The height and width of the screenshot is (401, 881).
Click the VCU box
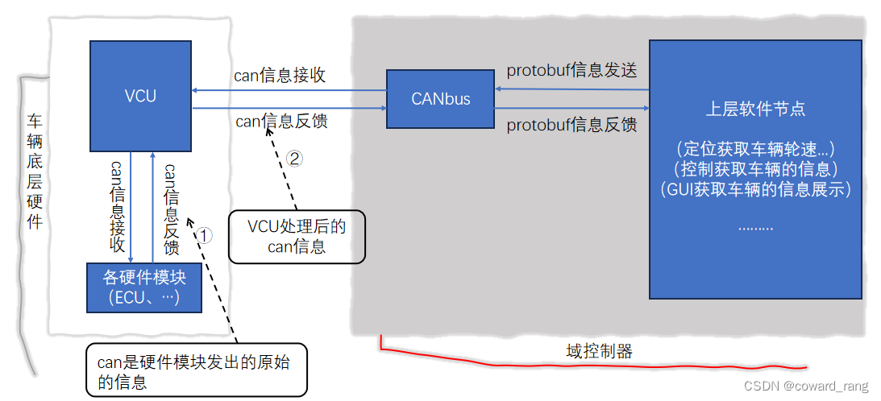click(x=140, y=97)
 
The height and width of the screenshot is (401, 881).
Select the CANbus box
click(x=440, y=99)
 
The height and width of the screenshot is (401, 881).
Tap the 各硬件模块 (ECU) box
click(x=144, y=287)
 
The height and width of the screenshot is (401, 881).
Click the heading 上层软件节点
click(x=755, y=109)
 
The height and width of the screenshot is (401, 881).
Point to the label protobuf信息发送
click(x=571, y=71)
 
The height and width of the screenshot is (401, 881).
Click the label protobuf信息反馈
click(x=571, y=125)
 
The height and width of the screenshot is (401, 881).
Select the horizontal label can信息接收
click(x=280, y=76)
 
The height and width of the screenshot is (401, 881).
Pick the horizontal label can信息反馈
click(x=281, y=122)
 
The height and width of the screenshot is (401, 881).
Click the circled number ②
click(x=295, y=159)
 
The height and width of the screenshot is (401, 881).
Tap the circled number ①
click(x=205, y=235)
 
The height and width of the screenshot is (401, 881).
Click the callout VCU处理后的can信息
click(x=297, y=237)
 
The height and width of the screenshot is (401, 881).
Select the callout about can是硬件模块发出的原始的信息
click(x=196, y=371)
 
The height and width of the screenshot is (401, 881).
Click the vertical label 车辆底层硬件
click(x=35, y=172)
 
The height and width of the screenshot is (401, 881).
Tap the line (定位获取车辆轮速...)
click(x=755, y=149)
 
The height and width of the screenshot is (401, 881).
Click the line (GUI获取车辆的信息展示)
click(x=755, y=190)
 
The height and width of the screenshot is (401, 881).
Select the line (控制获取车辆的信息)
click(x=755, y=170)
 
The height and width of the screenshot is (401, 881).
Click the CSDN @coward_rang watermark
click(x=805, y=387)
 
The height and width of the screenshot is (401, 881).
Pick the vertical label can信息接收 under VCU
click(x=116, y=205)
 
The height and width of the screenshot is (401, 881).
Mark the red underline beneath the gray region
click(x=564, y=362)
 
